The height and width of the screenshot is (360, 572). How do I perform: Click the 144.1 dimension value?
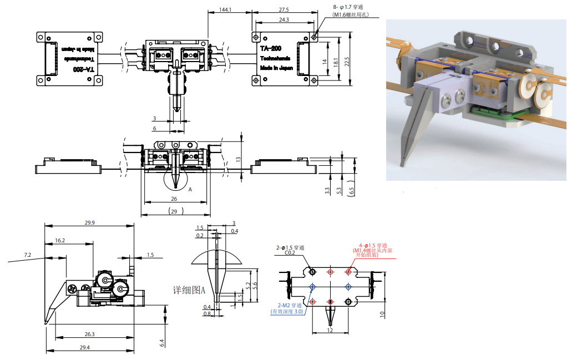(x=225, y=10)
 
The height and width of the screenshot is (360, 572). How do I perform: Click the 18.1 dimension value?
(x=336, y=62)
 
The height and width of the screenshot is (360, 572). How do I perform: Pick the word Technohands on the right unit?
(x=276, y=58)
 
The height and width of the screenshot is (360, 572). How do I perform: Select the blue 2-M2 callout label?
(x=291, y=306)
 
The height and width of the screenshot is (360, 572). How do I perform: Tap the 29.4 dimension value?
(x=84, y=347)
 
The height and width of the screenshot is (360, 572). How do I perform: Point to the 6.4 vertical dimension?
(x=162, y=343)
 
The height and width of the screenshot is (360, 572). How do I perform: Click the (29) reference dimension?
(x=176, y=211)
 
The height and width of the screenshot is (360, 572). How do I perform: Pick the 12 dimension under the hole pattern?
(x=330, y=330)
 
